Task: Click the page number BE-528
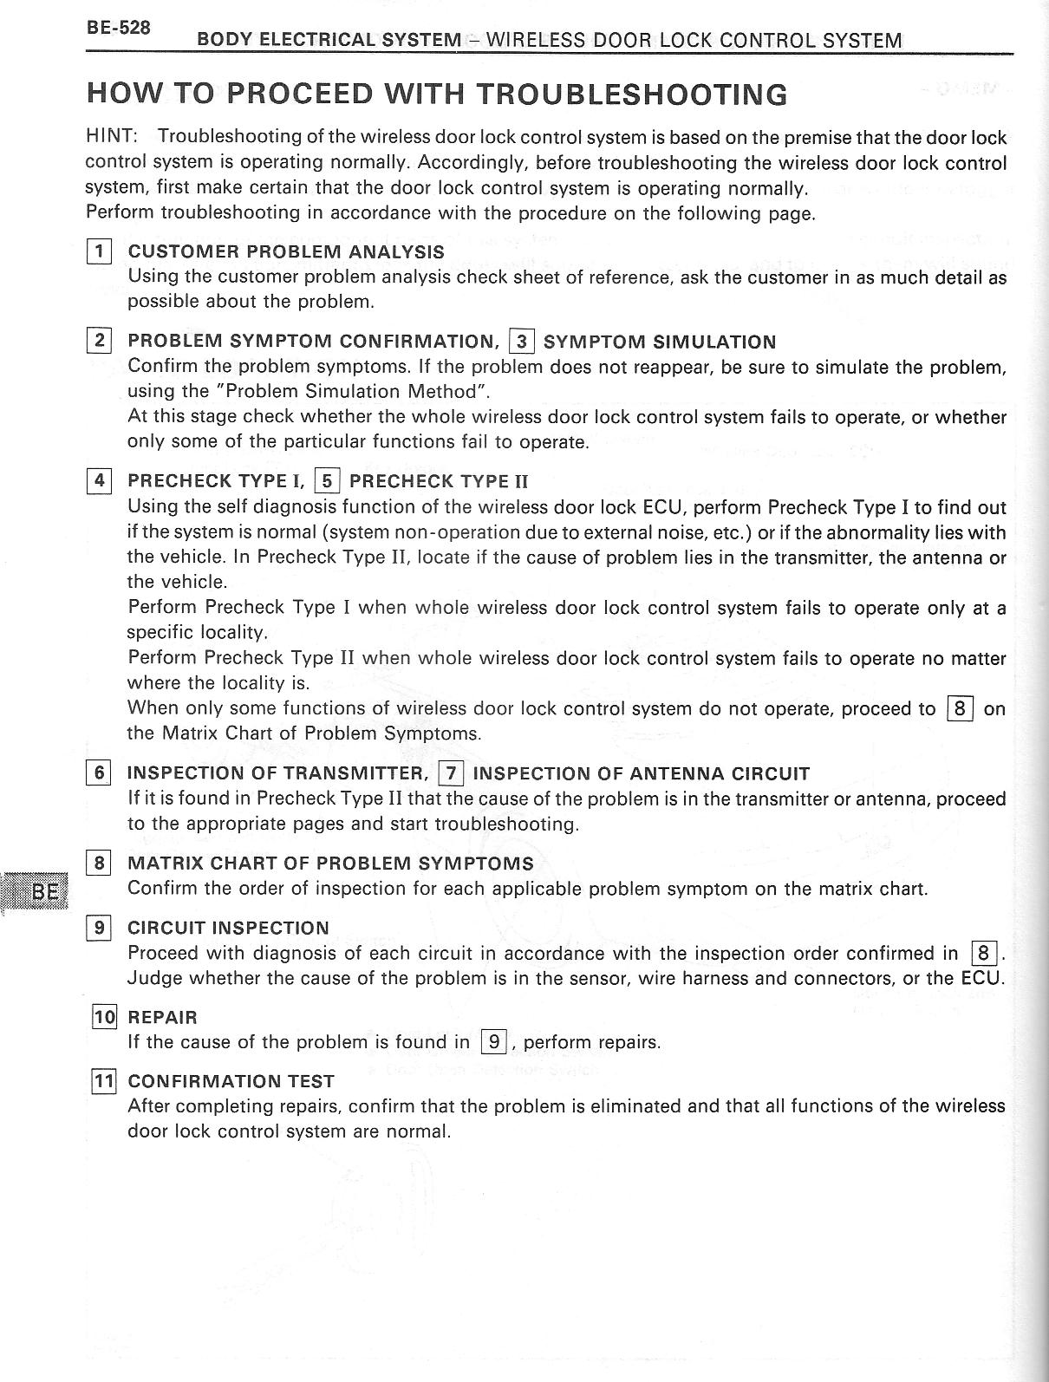118,28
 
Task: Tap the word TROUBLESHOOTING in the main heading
632,94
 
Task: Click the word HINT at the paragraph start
109,137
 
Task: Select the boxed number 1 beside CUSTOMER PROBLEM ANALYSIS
99,252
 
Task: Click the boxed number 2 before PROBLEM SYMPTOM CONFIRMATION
99,341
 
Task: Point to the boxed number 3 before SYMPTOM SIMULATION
521,342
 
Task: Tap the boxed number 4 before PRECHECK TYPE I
99,480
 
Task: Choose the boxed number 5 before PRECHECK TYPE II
327,481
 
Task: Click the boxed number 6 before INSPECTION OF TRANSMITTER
99,772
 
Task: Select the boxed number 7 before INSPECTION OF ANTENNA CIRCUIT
451,773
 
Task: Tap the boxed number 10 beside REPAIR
103,1017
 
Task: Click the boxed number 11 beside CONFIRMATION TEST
103,1081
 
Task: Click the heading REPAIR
162,1017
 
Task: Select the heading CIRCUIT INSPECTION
228,928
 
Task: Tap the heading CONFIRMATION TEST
231,1081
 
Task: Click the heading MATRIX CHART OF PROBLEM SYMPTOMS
330,864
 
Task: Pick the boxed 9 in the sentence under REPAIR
493,1042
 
